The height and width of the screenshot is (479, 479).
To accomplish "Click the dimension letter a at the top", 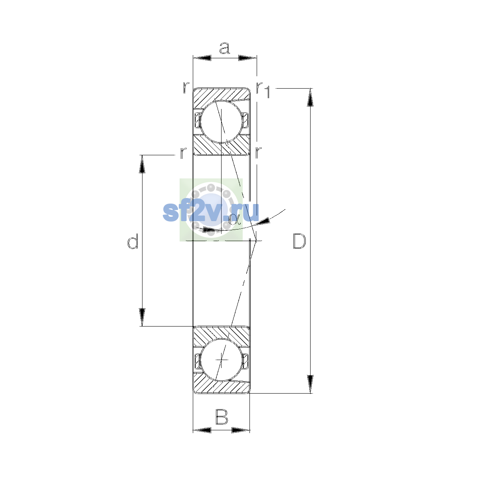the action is click(224, 48).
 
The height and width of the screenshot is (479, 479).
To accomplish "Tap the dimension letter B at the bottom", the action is click(222, 417).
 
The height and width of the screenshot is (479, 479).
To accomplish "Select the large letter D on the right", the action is click(299, 241).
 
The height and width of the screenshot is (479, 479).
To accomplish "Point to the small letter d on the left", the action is click(133, 241).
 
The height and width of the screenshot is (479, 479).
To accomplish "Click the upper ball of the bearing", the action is click(222, 122).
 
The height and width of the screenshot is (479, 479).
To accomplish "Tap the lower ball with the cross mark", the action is click(222, 360).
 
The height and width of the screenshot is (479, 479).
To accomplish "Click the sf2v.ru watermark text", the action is click(211, 212).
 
